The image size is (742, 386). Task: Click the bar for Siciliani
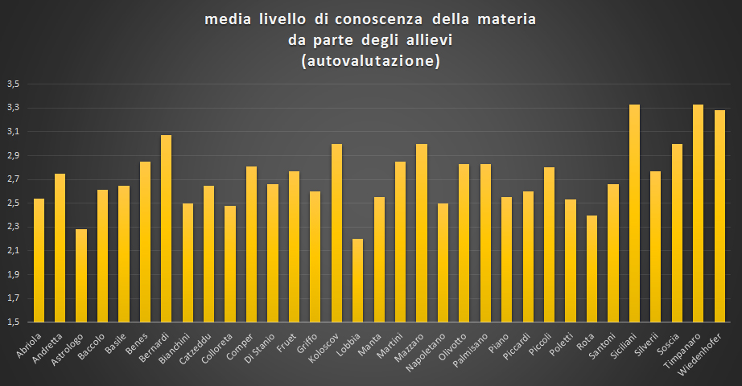click(x=634, y=213)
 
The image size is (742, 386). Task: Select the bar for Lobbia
click(x=357, y=280)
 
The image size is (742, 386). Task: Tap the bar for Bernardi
click(x=166, y=228)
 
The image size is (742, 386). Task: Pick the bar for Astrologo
click(x=81, y=275)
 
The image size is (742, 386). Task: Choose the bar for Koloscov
click(x=336, y=233)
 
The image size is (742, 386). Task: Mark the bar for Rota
click(x=592, y=269)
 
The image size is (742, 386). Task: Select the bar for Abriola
click(x=39, y=260)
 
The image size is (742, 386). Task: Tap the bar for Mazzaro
click(x=421, y=233)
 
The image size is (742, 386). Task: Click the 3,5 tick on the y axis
click(x=14, y=84)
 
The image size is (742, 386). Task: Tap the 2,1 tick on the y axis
click(x=14, y=251)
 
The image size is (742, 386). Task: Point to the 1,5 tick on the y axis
click(x=14, y=322)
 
